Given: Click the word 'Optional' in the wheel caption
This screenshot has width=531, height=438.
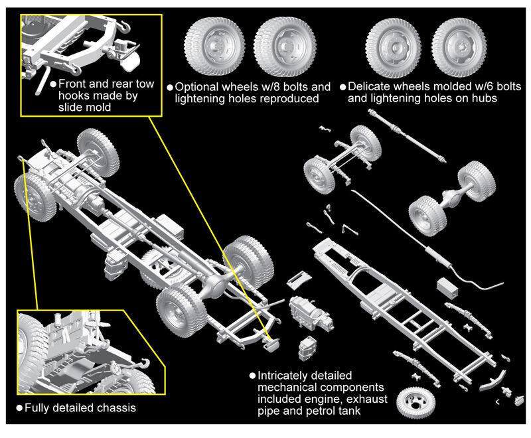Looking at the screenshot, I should point(197,87).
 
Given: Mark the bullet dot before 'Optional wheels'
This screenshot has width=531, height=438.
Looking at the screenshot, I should point(170,87).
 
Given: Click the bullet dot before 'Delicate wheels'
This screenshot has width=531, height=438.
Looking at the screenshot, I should point(342,87).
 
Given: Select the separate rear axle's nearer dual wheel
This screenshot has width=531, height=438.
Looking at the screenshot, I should point(425,214).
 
